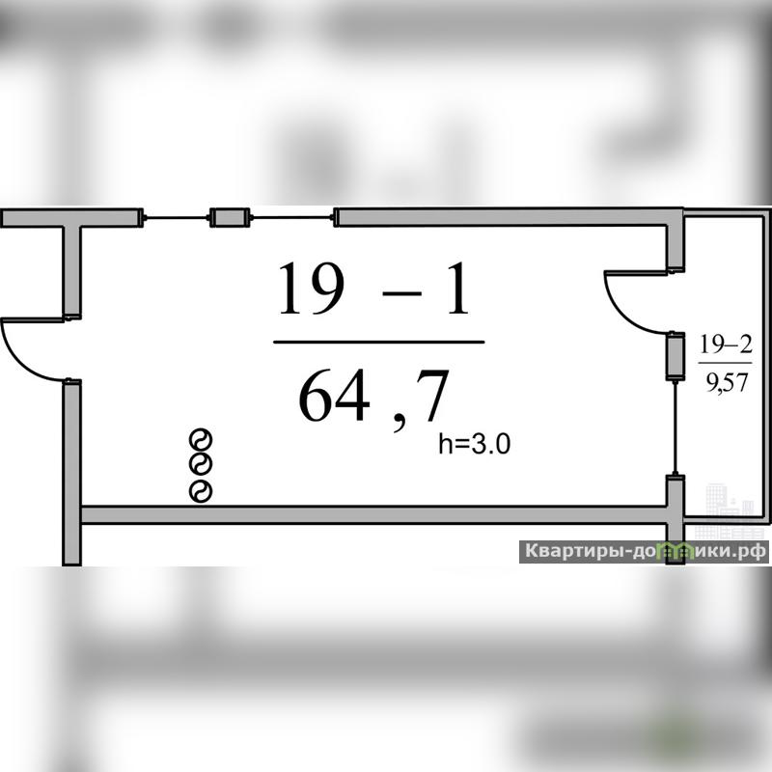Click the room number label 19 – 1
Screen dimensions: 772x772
(x=373, y=289)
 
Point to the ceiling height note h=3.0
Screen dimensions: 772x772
(x=474, y=444)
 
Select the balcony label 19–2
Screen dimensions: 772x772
(x=727, y=345)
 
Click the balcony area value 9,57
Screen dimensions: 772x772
(x=728, y=382)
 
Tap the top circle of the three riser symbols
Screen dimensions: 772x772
(x=201, y=439)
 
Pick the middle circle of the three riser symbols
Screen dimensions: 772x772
(x=201, y=464)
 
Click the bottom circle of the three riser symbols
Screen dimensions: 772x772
(x=201, y=491)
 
